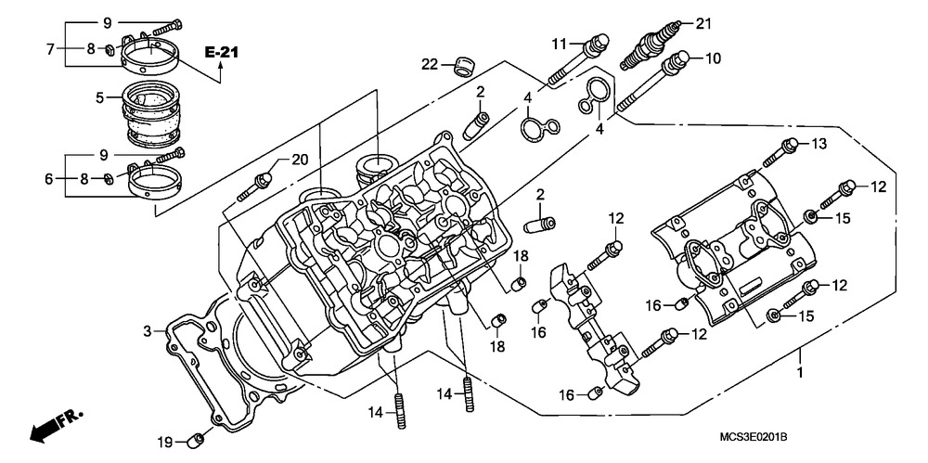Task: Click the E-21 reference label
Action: pos(222,53)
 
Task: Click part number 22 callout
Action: pos(428,64)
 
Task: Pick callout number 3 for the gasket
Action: pos(147,331)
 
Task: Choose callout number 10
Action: pos(712,58)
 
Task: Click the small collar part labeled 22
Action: pos(459,67)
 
